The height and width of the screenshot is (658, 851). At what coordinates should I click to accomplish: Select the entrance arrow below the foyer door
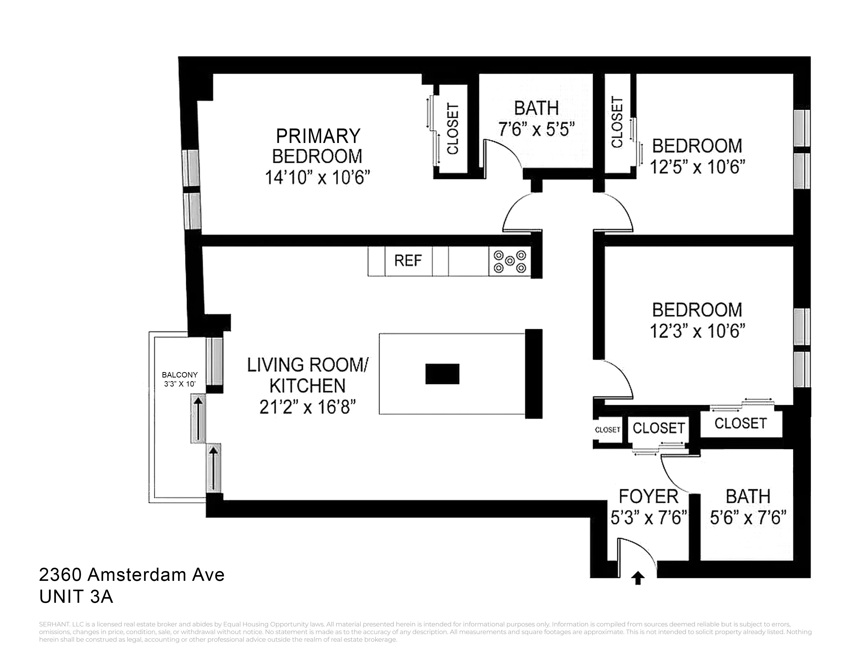[637, 578]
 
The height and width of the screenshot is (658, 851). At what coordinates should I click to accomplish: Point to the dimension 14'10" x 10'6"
[317, 178]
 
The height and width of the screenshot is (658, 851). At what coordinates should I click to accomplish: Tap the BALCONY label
[180, 375]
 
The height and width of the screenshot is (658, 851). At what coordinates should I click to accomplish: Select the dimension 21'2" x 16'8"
[308, 408]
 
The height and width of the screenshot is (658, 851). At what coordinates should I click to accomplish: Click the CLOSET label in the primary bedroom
[452, 129]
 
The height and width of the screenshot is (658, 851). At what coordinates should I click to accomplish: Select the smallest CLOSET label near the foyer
[608, 430]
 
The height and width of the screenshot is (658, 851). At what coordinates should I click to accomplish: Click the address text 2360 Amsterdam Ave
[132, 575]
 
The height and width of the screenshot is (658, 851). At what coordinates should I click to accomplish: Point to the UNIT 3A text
[76, 596]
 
